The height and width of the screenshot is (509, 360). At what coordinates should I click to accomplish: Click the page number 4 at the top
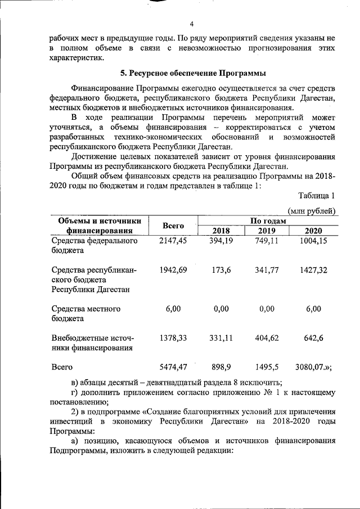[191, 24]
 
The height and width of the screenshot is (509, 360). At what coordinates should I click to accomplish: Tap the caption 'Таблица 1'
[317, 196]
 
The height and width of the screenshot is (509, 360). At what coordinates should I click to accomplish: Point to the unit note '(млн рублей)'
[312, 211]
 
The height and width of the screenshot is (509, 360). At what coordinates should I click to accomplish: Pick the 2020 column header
[313, 231]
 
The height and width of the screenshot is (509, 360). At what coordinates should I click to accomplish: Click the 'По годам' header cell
[268, 221]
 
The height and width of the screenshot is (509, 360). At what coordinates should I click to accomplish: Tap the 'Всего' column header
[174, 226]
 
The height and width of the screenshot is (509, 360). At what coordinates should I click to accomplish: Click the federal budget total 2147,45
[173, 241]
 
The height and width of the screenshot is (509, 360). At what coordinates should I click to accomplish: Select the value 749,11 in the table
[267, 241]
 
